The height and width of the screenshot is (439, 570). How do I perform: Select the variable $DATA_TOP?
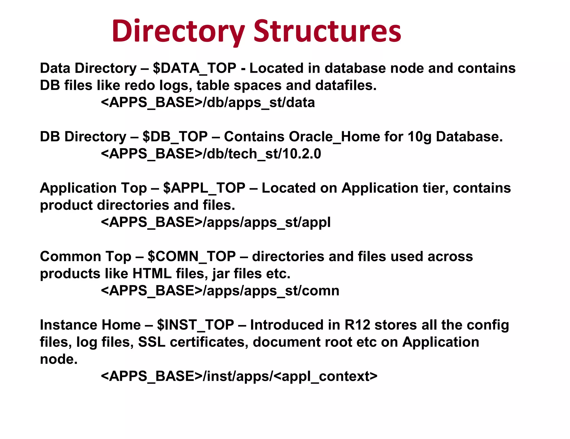[195, 69]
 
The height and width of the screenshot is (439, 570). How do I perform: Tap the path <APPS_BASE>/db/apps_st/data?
[208, 103]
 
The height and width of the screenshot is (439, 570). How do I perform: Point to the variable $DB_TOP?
[175, 137]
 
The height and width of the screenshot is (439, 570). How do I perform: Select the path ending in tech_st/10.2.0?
[211, 154]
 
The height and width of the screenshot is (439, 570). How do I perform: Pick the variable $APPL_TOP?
[204, 188]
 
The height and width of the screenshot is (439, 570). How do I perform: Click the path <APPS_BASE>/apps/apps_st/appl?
[216, 222]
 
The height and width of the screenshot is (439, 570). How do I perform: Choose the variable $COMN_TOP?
[192, 257]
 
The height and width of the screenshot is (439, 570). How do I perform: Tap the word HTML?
[152, 274]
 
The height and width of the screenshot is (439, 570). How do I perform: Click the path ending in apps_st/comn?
[220, 291]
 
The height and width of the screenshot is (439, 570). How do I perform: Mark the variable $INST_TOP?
[195, 325]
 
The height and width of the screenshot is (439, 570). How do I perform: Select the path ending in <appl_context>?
[239, 376]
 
